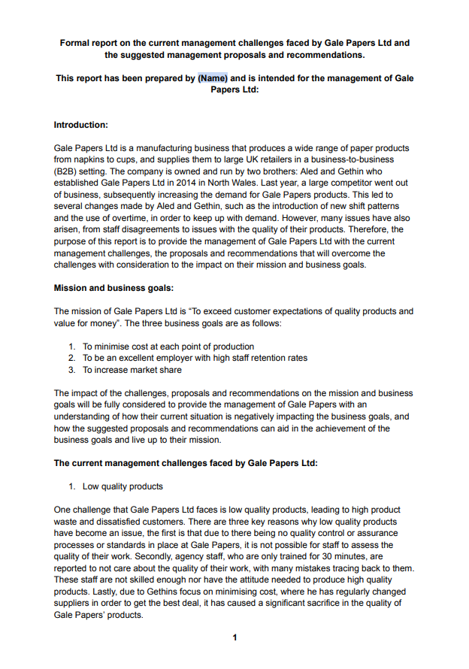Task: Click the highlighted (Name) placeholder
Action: click(x=213, y=77)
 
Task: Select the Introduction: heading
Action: click(x=81, y=125)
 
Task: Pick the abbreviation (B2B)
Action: click(x=66, y=171)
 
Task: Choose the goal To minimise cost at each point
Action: click(x=168, y=347)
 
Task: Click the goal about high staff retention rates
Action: click(x=195, y=358)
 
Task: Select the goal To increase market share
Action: click(x=132, y=370)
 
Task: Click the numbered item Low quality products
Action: click(x=123, y=486)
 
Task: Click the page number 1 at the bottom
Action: click(x=234, y=637)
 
